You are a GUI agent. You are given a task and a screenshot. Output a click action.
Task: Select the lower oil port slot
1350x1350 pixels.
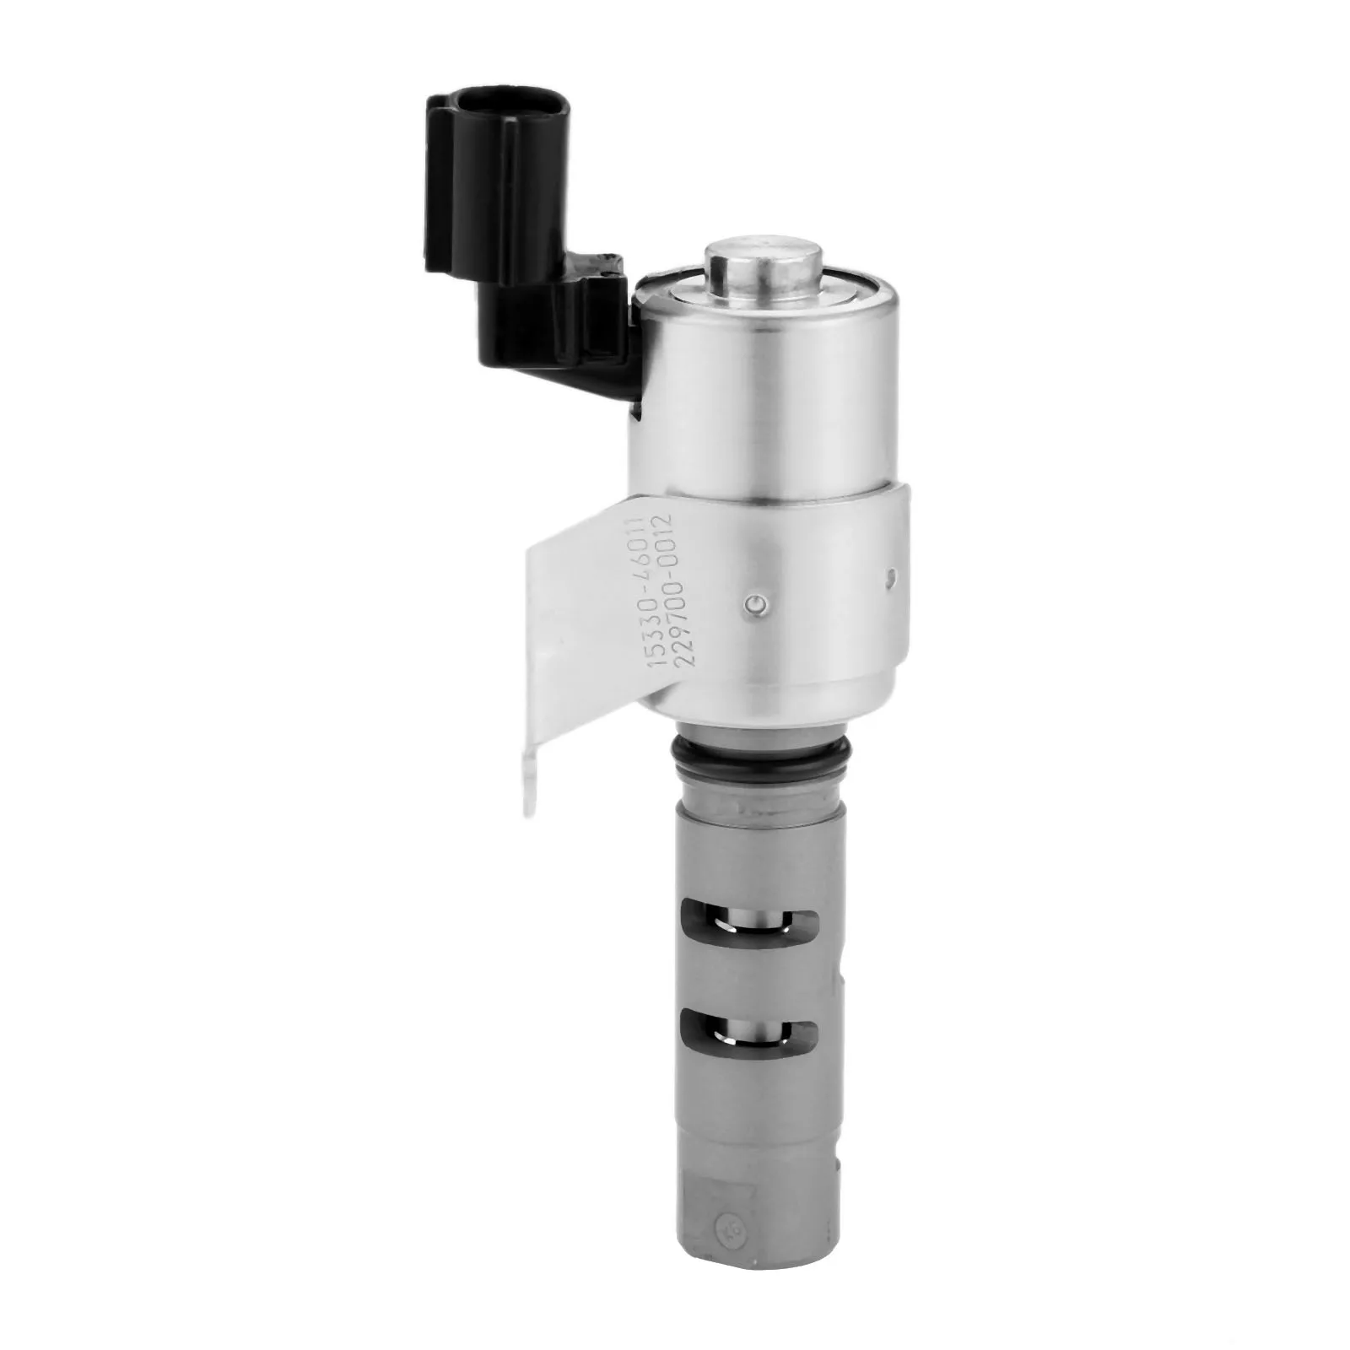click(x=748, y=1031)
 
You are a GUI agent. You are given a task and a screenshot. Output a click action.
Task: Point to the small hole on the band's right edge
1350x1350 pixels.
click(x=891, y=576)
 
